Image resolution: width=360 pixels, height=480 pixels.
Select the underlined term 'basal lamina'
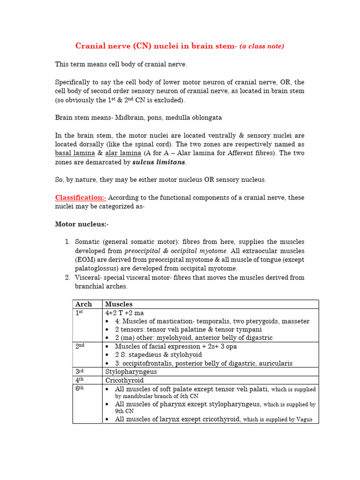[x=75, y=153]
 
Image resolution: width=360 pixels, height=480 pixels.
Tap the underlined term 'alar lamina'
[x=123, y=153]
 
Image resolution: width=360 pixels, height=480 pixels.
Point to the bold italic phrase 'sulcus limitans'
[x=159, y=162]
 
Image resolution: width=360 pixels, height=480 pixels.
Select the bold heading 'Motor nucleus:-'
[x=82, y=225]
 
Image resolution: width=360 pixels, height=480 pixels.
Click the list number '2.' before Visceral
[x=68, y=277]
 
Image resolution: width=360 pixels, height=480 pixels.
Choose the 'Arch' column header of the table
[x=83, y=304]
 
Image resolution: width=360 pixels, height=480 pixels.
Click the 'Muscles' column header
[x=119, y=304]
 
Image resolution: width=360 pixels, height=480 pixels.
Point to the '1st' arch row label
[x=79, y=313]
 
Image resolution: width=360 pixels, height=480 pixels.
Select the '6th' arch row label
[x=80, y=389]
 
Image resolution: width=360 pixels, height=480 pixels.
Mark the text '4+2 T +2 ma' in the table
[x=124, y=313]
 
